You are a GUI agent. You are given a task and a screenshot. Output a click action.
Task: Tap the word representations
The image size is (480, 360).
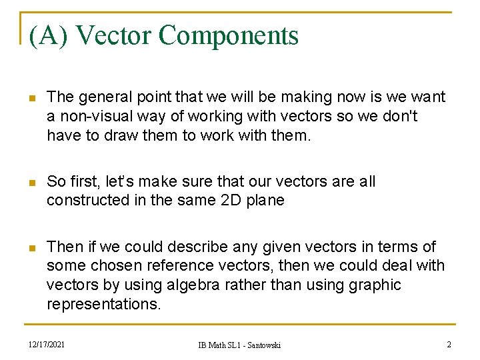point(103,304)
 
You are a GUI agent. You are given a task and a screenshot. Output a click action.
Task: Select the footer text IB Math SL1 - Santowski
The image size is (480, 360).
point(239,345)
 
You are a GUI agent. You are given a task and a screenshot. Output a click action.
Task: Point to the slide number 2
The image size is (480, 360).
point(449,344)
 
